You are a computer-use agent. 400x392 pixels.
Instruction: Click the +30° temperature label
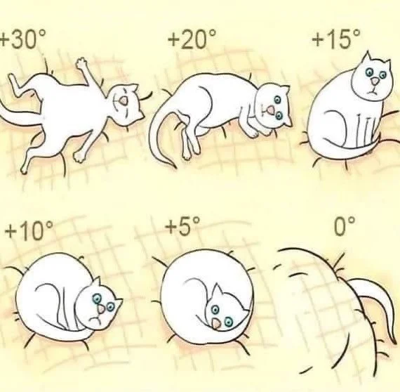[23, 39]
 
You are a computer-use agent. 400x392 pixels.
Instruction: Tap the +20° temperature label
[192, 39]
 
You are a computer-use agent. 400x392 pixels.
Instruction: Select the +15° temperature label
[336, 39]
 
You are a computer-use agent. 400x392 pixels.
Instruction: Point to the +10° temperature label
[29, 231]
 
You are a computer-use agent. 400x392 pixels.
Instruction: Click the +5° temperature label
[182, 226]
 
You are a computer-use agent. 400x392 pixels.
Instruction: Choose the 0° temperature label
[344, 226]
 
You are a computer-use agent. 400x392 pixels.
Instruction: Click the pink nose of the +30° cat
[125, 100]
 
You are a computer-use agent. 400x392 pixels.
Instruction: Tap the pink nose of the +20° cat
[270, 110]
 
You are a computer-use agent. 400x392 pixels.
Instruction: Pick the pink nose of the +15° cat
[375, 81]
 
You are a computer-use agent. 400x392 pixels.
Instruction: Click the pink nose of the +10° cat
[101, 309]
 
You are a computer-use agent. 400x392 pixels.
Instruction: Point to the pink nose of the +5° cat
[217, 325]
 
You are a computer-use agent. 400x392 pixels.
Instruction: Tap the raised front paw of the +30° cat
[81, 63]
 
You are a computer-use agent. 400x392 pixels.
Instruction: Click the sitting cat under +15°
[348, 108]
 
